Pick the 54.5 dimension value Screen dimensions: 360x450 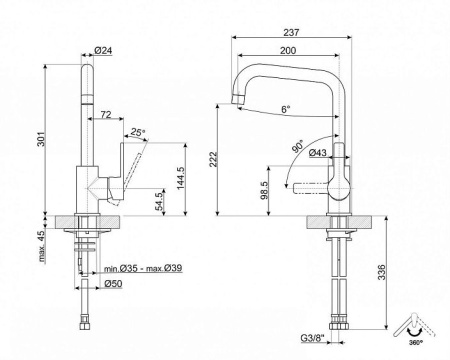click(159, 197)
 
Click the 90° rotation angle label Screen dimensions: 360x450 click(299, 143)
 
